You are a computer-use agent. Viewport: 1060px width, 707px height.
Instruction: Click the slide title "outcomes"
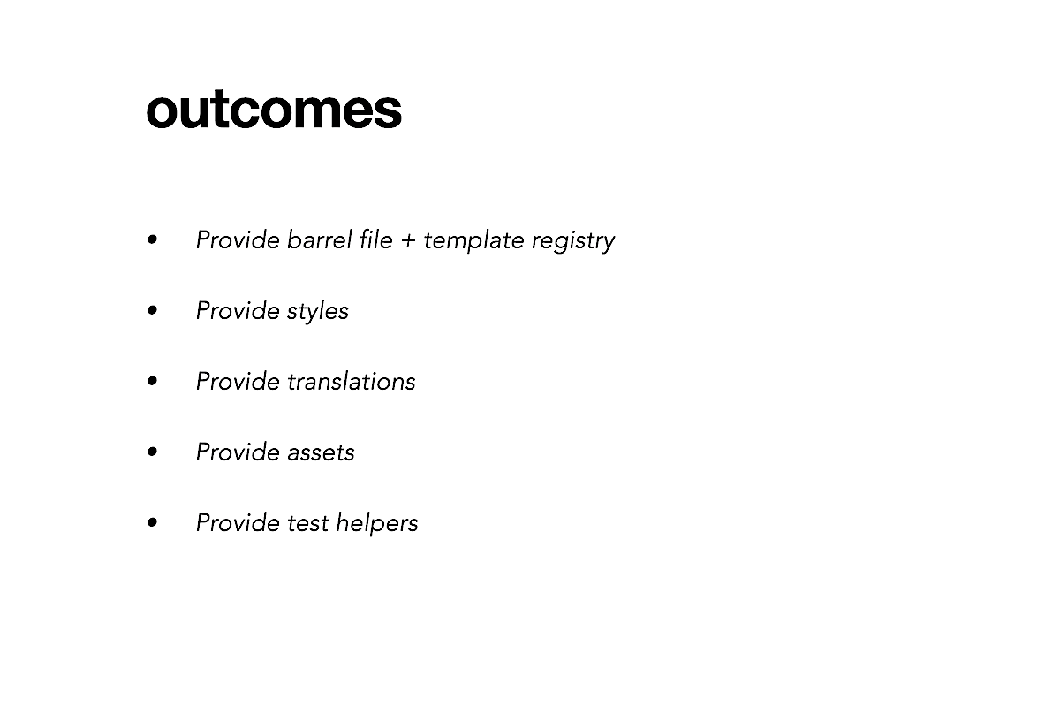tap(274, 109)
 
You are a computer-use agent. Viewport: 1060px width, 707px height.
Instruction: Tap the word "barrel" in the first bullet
tap(320, 239)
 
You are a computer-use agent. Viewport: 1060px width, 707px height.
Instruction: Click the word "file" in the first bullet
tap(376, 239)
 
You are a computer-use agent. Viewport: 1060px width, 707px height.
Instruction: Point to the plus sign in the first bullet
tap(408, 241)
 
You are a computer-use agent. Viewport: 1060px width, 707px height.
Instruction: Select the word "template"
tap(473, 240)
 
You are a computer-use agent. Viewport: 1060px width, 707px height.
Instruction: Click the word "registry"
tap(573, 241)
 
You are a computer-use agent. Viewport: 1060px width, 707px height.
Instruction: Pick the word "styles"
tap(317, 312)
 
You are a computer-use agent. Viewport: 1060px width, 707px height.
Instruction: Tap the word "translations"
tap(352, 381)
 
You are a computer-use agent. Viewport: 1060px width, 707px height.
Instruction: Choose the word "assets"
tap(321, 452)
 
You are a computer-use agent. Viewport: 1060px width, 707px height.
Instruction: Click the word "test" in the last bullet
tap(308, 523)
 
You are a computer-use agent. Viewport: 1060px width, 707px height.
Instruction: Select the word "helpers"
tap(377, 523)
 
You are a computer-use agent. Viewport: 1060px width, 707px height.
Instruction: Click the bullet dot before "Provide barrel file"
tap(152, 239)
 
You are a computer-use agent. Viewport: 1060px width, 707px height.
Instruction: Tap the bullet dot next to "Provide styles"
tap(152, 311)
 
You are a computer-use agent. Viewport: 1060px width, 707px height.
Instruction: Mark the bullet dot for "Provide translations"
tap(152, 381)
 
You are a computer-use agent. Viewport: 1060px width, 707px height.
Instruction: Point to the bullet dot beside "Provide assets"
tap(152, 452)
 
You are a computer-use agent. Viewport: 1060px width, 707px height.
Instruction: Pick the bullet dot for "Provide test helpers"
tap(152, 523)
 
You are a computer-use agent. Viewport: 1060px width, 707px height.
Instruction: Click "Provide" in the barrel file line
tap(238, 239)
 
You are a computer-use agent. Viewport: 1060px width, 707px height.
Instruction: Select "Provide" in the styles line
tap(238, 311)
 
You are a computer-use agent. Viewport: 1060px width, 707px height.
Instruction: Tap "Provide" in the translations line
tap(238, 381)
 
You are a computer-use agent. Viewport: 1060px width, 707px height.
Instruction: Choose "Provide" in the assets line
tap(238, 452)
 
